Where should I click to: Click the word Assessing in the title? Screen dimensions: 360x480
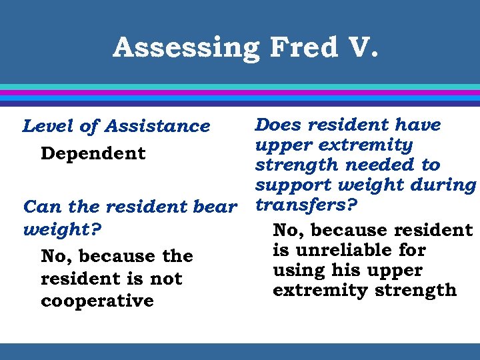click(x=186, y=48)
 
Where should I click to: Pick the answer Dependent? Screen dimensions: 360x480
click(x=93, y=153)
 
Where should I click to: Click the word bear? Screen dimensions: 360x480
click(x=215, y=207)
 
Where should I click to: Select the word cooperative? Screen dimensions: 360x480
click(x=97, y=301)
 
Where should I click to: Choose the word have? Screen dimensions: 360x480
click(x=417, y=125)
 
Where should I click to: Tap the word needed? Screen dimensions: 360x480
click(x=374, y=165)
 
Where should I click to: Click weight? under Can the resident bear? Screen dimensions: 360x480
click(x=62, y=230)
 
